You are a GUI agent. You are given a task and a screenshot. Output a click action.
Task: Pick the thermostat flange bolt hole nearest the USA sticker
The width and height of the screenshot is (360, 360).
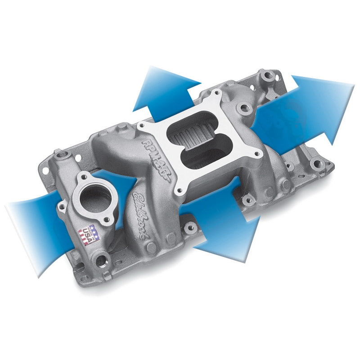click(x=107, y=220)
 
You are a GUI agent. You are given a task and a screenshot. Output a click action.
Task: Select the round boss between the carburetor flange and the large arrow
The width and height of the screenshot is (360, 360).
click(x=245, y=108)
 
